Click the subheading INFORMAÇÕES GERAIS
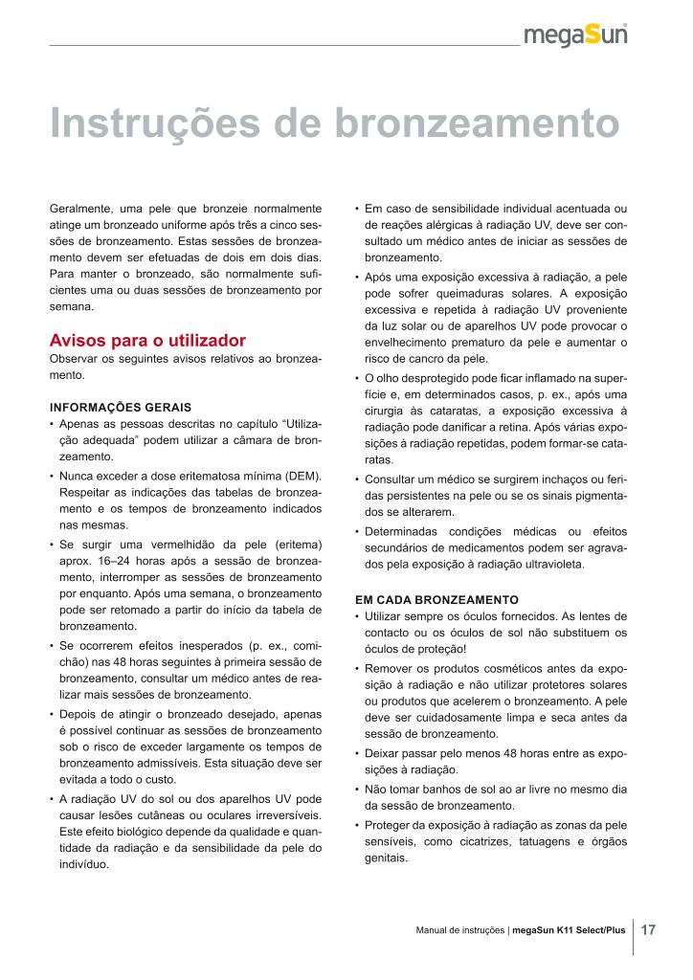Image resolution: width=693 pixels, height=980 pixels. [121, 407]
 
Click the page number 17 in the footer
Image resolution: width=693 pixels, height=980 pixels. [648, 929]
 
